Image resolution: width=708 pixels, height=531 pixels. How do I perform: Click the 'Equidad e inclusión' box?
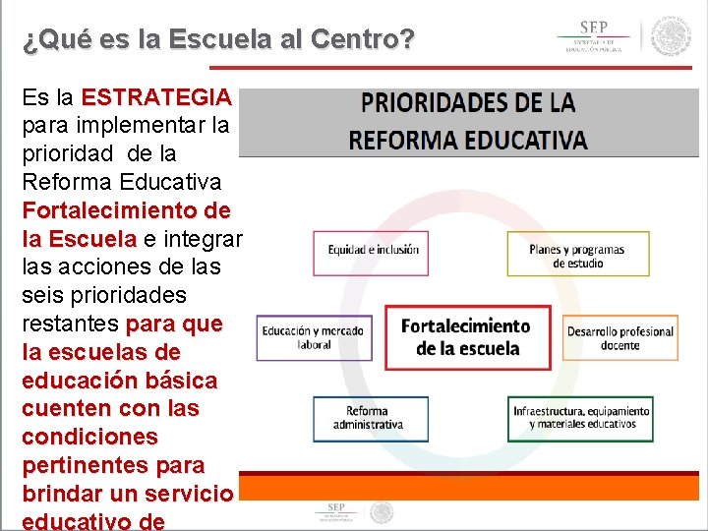[x=371, y=253]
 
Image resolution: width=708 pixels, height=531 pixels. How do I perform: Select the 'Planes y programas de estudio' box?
[x=578, y=254]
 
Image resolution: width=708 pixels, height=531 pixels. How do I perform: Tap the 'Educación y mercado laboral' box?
[x=314, y=337]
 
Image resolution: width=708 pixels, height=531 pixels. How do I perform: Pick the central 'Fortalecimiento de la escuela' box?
[x=467, y=336]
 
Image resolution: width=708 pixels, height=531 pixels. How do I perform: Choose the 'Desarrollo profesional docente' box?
[x=619, y=337]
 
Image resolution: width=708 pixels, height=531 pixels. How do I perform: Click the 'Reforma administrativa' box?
[x=371, y=418]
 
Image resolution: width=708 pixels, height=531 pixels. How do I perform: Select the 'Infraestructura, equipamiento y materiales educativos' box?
[x=580, y=418]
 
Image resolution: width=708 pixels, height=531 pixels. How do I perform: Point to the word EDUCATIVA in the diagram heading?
[x=527, y=139]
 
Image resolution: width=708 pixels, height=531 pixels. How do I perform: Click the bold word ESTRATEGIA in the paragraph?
[x=157, y=97]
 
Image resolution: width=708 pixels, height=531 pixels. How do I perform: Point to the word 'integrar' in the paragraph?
[x=203, y=239]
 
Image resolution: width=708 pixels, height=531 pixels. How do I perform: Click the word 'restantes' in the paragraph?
[x=69, y=324]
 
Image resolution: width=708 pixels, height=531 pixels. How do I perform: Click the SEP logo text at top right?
[x=592, y=37]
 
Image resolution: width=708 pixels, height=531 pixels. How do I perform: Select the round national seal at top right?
[x=672, y=36]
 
